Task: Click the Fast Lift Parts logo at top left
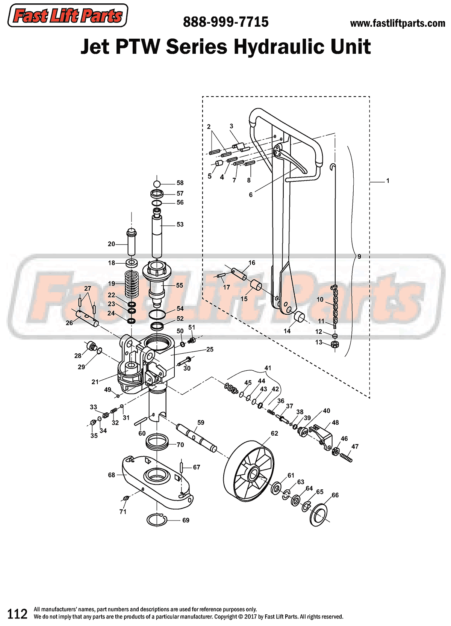click(x=68, y=16)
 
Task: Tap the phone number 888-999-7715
click(x=225, y=22)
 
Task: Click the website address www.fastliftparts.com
click(x=397, y=24)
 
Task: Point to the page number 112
click(x=18, y=614)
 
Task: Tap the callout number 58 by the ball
click(x=180, y=183)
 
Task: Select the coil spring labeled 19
click(x=132, y=285)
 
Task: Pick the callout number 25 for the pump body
click(x=210, y=350)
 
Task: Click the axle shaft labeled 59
click(x=197, y=437)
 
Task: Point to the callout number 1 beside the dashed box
click(x=387, y=181)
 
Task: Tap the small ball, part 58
click(x=157, y=184)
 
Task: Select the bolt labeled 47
click(x=346, y=457)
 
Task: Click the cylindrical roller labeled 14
click(x=300, y=317)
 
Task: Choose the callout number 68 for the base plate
click(x=112, y=475)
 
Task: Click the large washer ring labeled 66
click(x=319, y=514)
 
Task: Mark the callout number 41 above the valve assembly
click(x=268, y=368)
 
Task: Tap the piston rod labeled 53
click(x=157, y=235)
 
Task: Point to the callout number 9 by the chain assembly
click(x=359, y=256)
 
